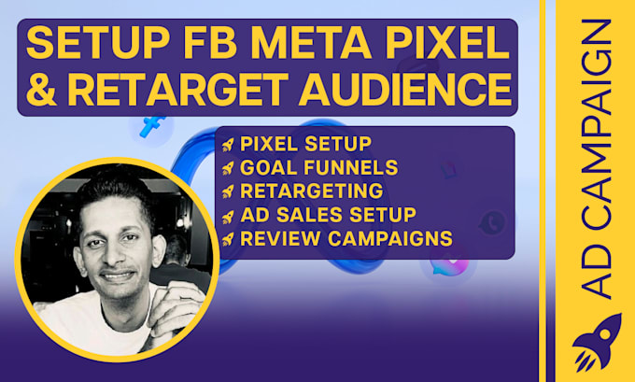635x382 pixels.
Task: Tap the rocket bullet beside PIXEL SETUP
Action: [227, 146]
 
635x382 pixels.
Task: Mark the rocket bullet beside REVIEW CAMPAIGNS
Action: [227, 239]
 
